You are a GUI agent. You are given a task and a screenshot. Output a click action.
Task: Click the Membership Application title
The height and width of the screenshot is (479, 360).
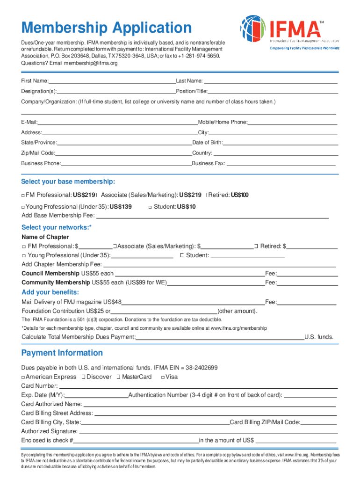[x=106, y=28]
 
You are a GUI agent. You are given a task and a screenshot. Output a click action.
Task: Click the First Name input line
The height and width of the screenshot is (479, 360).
[x=112, y=81]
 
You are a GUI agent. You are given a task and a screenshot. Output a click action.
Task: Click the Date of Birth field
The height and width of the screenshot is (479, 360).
[x=280, y=143]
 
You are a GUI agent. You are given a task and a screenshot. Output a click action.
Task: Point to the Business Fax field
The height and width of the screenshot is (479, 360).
[x=281, y=164]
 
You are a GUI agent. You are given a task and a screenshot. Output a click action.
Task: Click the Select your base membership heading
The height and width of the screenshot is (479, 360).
[x=68, y=181]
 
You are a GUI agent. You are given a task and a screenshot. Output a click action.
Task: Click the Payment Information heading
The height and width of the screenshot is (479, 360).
[x=62, y=353]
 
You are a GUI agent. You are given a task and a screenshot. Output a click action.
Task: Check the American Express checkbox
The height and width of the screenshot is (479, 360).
[x=23, y=377]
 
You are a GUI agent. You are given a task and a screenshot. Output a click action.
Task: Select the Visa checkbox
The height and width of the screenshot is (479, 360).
[x=162, y=377]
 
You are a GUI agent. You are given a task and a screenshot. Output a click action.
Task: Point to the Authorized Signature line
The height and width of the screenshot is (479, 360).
[x=208, y=431]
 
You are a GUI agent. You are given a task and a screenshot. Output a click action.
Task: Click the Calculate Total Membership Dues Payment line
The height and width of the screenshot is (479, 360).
[x=220, y=337]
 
